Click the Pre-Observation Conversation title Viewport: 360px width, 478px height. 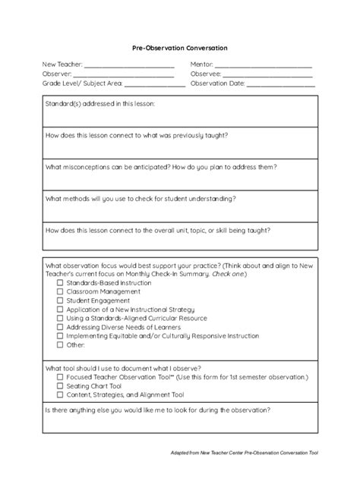(180, 48)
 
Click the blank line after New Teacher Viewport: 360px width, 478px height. (129, 67)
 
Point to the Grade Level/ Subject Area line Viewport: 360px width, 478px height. (154, 85)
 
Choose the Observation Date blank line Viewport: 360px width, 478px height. (280, 85)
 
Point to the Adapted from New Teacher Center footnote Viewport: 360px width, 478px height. (245, 453)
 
